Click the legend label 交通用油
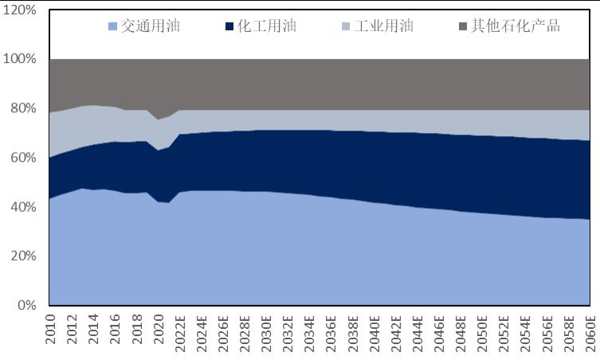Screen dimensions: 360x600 [x=151, y=26]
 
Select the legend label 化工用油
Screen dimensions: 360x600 [x=267, y=26]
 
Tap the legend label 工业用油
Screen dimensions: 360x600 [x=384, y=26]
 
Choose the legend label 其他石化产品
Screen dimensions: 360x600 [x=516, y=26]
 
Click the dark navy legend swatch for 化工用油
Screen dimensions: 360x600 [x=230, y=27]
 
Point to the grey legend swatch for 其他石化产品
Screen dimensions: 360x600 [x=464, y=27]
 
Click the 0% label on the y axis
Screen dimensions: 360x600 [x=25, y=305]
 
